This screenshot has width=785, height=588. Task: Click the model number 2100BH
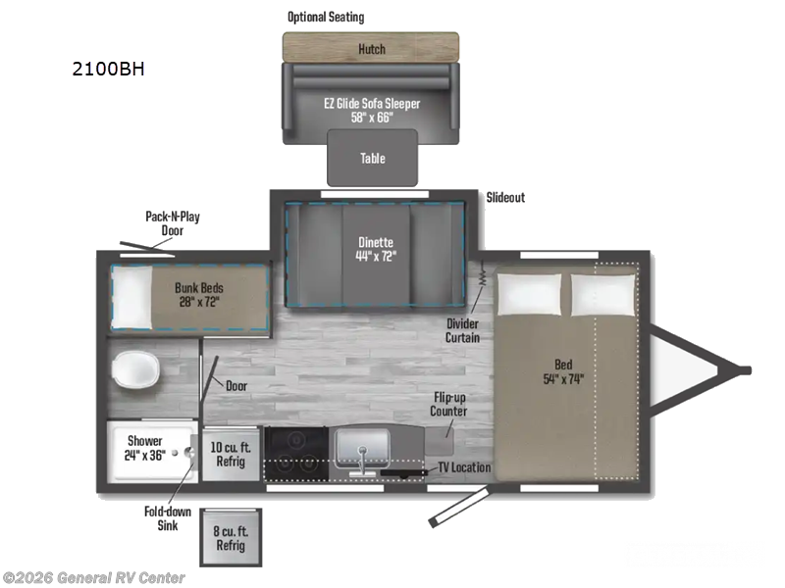[109, 70]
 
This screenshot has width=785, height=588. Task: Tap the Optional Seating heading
[325, 17]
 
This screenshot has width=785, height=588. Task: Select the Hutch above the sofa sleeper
[371, 48]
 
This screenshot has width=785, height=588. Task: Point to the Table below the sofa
[372, 158]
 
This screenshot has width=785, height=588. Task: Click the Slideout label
[505, 197]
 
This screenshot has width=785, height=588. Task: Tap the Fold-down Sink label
[163, 517]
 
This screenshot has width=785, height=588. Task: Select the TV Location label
[463, 467]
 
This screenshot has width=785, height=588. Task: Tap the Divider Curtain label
[462, 330]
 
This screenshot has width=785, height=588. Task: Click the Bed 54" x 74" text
[562, 378]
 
